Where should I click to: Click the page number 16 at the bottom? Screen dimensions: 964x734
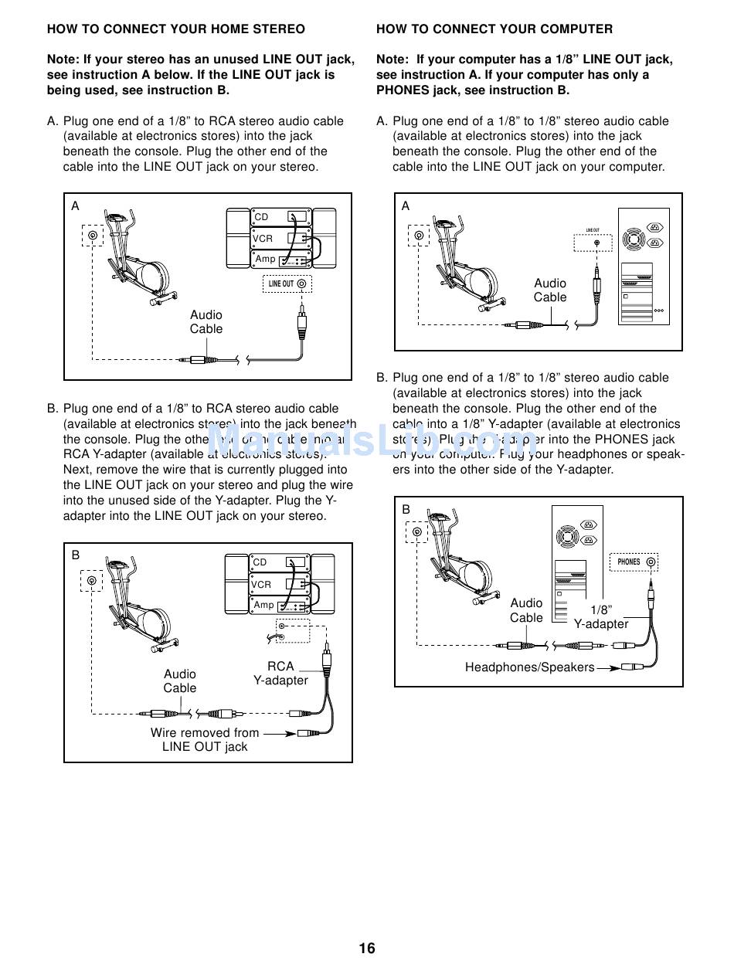(367, 948)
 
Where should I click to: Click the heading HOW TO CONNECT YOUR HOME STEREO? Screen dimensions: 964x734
(176, 29)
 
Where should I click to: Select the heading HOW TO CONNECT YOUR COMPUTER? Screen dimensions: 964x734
(494, 29)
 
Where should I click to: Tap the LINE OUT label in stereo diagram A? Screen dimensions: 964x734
(281, 283)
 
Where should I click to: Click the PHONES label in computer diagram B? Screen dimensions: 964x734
(629, 562)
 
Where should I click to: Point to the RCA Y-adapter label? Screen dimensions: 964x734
(280, 673)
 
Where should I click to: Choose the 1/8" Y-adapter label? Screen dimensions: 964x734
(600, 616)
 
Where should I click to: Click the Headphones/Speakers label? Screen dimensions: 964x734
(529, 667)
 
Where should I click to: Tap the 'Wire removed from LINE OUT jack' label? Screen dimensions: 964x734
(205, 739)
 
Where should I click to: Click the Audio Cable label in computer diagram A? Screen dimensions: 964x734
(550, 290)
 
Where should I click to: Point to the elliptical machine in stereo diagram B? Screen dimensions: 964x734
(139, 602)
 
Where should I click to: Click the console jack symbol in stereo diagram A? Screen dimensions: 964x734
(93, 236)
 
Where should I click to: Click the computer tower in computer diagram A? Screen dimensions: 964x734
(644, 266)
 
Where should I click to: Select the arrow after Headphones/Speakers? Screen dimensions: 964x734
(609, 667)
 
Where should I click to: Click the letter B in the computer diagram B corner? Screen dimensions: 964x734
(406, 509)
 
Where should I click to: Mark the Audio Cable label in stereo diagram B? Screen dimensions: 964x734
(180, 681)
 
